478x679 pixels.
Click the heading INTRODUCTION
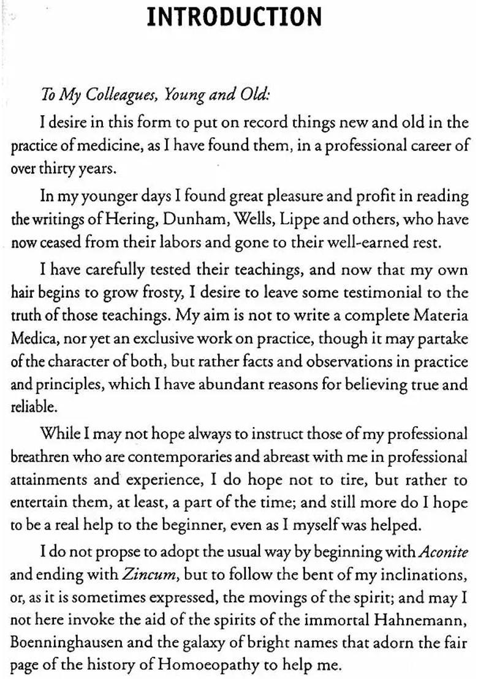point(235,17)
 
